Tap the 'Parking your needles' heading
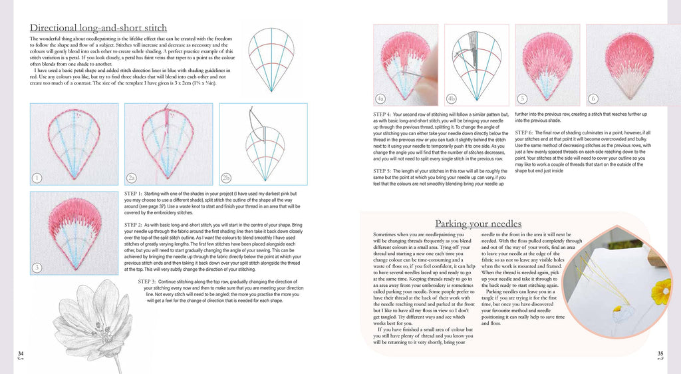pyautogui.click(x=477, y=223)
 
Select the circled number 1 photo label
pyautogui.click(x=37, y=177)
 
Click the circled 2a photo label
pyautogui.click(x=132, y=177)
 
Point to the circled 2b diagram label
pyautogui.click(x=226, y=177)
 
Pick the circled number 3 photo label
pyautogui.click(x=37, y=268)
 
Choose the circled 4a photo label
pyautogui.click(x=380, y=98)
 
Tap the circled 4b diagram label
pyautogui.click(x=452, y=98)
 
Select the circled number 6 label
pyautogui.click(x=593, y=98)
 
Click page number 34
pyautogui.click(x=21, y=353)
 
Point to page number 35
pyautogui.click(x=660, y=353)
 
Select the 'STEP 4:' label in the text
pyautogui.click(x=384, y=114)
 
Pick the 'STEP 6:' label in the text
pyautogui.click(x=526, y=132)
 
